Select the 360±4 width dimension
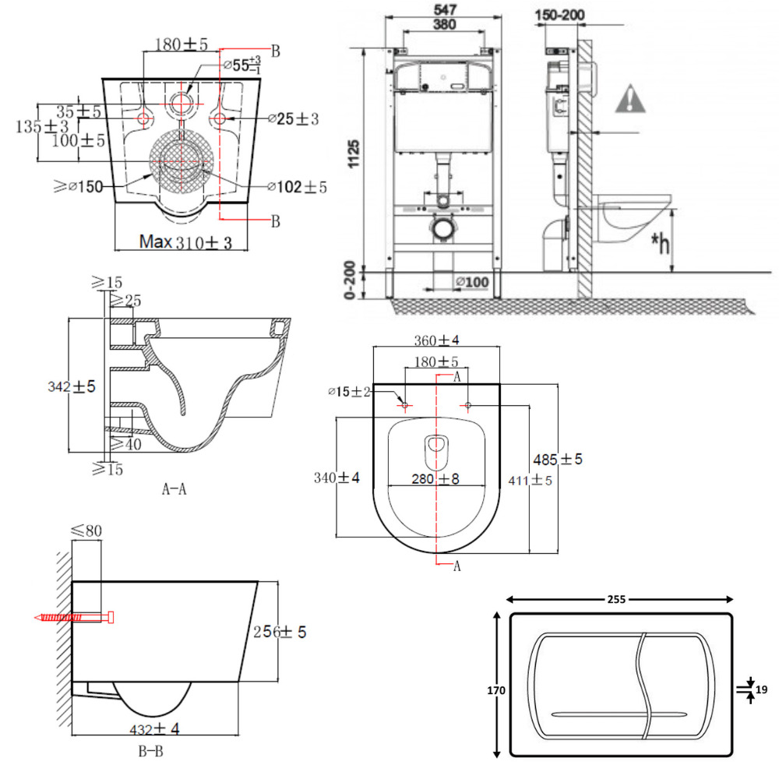437,340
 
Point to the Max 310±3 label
186,242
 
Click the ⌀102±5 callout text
298,187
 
